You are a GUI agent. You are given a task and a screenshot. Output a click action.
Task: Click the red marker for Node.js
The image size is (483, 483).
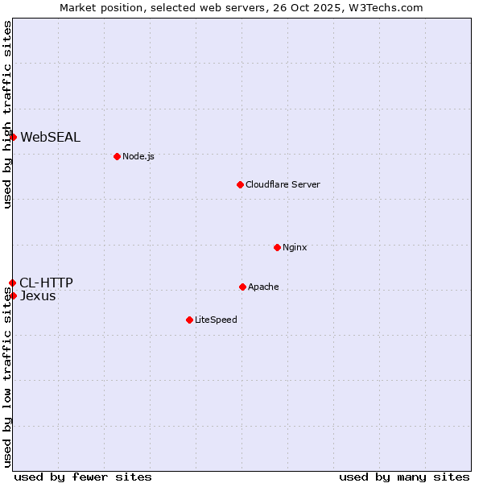(117, 156)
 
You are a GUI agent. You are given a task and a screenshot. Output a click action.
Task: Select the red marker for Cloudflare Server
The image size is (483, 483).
(240, 184)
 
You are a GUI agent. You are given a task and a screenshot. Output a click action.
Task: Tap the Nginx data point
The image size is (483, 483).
(277, 247)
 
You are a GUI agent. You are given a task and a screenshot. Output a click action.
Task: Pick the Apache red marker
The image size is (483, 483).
(242, 287)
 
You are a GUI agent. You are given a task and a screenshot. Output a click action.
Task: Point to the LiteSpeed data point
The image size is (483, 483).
(189, 320)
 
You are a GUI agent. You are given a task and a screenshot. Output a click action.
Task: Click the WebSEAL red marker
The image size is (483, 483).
(13, 137)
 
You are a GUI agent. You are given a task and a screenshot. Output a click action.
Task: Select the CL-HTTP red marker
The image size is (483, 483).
(12, 283)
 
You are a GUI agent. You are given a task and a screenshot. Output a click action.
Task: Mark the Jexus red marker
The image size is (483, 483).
(13, 295)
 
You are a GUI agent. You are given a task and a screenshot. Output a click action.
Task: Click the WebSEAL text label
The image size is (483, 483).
(50, 137)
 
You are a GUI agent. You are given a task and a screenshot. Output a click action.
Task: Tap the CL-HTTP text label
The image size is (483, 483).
(46, 283)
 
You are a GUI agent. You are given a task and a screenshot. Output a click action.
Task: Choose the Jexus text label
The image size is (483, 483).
(38, 295)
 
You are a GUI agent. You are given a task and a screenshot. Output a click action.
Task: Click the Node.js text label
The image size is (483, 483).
(138, 156)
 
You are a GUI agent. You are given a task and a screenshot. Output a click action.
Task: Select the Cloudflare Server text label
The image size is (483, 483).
(283, 184)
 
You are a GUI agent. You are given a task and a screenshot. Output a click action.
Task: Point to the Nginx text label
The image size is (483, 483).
(295, 247)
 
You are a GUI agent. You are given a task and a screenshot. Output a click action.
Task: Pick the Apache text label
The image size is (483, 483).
(264, 287)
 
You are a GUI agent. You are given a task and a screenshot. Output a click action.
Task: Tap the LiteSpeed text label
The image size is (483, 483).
(216, 320)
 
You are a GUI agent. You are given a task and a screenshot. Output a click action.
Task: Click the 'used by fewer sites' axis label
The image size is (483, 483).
(83, 477)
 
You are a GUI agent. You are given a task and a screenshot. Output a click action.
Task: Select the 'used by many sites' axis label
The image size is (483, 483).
(404, 477)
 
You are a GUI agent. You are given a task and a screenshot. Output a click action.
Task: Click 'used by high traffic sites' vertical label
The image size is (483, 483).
(7, 114)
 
